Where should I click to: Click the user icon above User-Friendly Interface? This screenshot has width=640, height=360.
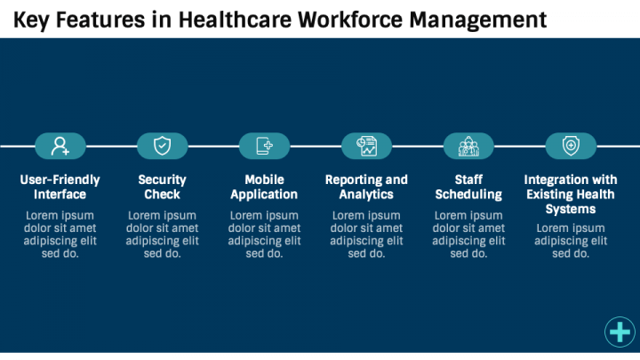coord(60,146)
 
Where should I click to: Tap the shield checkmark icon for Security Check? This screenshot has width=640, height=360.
coord(162,146)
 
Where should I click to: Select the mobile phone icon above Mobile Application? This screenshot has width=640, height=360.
coord(264,146)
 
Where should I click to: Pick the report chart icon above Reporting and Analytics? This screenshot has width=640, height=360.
coord(366,146)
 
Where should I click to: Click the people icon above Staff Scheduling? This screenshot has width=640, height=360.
coord(468,146)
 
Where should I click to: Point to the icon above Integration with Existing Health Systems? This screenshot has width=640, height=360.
coord(571,146)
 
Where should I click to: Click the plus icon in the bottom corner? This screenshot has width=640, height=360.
coord(620,332)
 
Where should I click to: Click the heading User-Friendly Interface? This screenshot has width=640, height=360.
coord(60,187)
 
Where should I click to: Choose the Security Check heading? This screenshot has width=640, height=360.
coord(162,187)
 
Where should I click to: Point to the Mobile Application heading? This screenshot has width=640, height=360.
coord(264,187)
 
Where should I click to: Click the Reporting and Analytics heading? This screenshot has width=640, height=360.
coord(366,187)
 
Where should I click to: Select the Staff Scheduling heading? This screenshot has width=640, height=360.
coord(468,187)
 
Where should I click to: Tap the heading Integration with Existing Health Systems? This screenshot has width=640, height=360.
coord(571,194)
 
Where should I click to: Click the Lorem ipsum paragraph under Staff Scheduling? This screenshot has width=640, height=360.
coord(468,235)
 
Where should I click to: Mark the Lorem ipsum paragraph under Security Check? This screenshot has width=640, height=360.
coord(162,235)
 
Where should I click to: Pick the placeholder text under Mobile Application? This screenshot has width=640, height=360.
coord(264,235)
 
